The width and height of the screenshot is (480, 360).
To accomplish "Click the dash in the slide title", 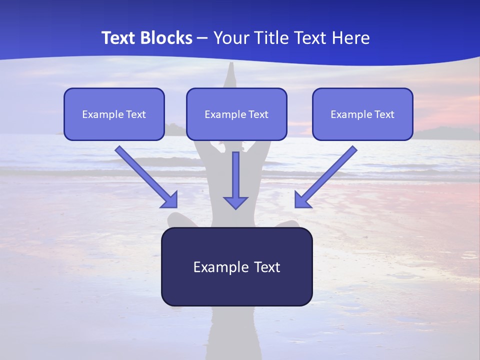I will click(x=202, y=38).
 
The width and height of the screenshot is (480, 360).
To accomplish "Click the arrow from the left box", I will click(x=146, y=176).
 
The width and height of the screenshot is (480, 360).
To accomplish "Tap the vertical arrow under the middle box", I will click(x=235, y=180).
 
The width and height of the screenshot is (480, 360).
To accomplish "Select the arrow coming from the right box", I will click(x=326, y=176).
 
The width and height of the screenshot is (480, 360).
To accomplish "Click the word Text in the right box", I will click(x=384, y=114).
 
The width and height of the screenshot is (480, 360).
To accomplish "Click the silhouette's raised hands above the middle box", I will click(x=230, y=75).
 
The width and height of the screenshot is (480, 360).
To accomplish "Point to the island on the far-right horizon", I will click(x=445, y=133).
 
